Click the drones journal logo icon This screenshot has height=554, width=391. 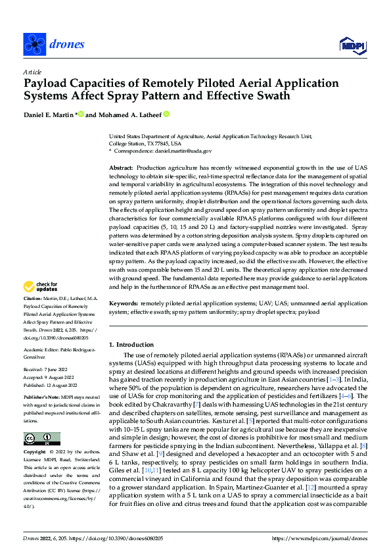tap(34, 44)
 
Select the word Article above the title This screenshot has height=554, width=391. tap(32, 72)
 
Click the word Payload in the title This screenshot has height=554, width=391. tap(48, 84)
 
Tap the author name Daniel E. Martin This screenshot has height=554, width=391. tap(49, 114)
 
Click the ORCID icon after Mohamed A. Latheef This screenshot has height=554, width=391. tap(166, 114)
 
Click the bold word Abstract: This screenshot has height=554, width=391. tap(122, 169)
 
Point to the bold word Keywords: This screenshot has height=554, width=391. tap(124, 303)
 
